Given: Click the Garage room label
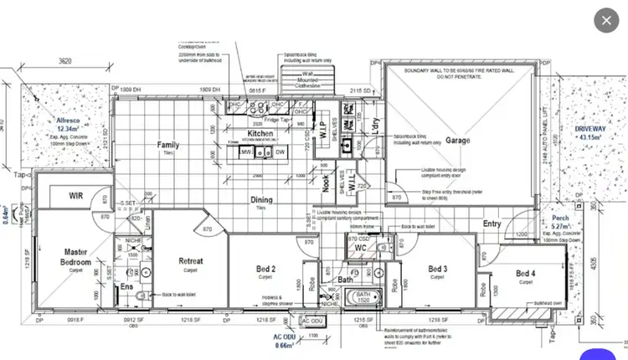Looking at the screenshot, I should pyautogui.click(x=458, y=140).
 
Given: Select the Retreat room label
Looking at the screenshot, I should pyautogui.click(x=191, y=261).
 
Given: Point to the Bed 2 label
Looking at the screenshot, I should pyautogui.click(x=265, y=269).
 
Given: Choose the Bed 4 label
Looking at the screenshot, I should pyautogui.click(x=525, y=274).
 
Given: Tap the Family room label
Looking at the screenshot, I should pyautogui.click(x=168, y=145).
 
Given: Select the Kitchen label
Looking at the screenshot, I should pyautogui.click(x=260, y=133).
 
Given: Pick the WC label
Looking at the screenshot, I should pyautogui.click(x=361, y=249).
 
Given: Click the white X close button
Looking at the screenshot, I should pyautogui.click(x=605, y=20).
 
